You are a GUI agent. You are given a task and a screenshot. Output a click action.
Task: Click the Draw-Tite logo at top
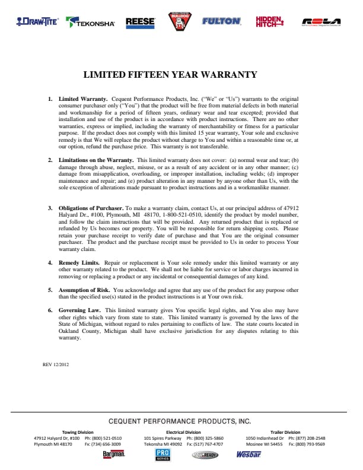pos(37,22)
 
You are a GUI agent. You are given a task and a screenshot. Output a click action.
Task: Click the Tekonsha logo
pos(91,23)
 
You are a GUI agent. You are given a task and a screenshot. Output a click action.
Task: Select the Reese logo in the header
pos(140,23)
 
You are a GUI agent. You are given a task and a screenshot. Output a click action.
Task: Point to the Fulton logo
pos(221,21)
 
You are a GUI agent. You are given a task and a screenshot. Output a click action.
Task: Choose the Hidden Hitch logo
pos(269,21)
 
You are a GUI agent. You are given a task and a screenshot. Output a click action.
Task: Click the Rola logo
pos(321,22)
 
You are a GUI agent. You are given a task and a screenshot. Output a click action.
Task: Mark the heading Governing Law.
pos(79,310)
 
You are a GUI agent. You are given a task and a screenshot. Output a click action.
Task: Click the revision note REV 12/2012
pos(56,364)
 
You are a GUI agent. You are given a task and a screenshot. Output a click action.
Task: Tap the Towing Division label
pos(78,432)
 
